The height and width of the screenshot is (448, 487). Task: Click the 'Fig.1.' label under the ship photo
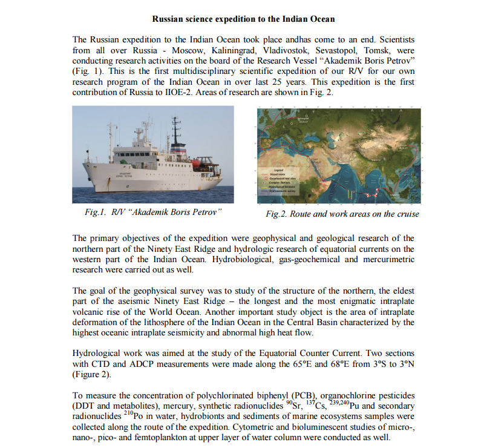tap(96, 212)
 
